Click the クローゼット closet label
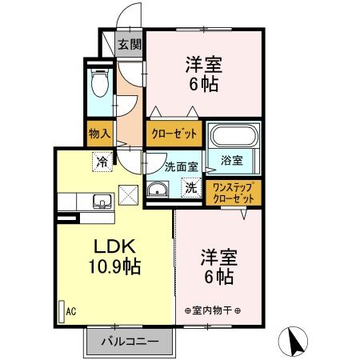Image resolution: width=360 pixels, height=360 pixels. click(173, 134)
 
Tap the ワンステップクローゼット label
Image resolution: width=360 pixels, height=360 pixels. click(233, 192)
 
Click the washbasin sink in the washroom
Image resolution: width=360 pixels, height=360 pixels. click(158, 190)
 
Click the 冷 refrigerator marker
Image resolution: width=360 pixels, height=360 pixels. click(102, 161)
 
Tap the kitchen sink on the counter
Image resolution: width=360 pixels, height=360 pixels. click(100, 200)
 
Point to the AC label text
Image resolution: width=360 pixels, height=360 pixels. click(70, 312)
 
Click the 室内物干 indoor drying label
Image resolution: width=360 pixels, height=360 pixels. click(213, 310)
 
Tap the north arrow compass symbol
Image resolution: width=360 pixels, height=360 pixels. click(293, 342)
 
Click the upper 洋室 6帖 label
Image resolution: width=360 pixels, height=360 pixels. click(204, 74)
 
